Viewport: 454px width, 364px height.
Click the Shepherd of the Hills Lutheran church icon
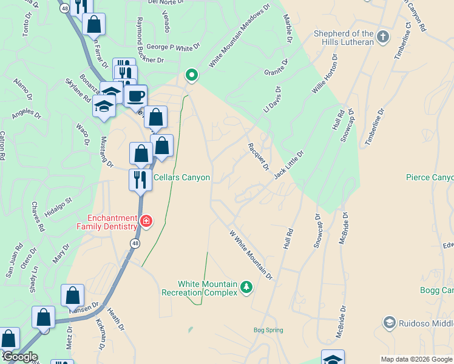382,37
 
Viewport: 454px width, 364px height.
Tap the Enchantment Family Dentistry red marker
146,221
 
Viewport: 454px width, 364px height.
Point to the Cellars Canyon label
181,178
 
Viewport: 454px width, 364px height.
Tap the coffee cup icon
135,96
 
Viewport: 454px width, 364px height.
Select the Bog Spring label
268,331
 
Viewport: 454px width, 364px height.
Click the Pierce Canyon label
430,178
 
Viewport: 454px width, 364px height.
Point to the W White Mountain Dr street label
251,254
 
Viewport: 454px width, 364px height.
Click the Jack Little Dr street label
288,165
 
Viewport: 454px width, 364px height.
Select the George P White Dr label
174,47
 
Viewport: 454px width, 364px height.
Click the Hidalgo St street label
59,207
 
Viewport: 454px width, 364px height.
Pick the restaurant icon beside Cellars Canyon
140,180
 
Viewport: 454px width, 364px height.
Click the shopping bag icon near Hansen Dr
72,296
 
